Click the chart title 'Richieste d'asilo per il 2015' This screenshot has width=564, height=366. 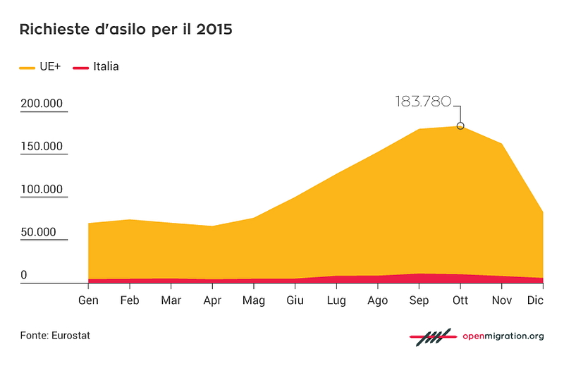(x=126, y=29)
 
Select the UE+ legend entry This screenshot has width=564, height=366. (x=40, y=66)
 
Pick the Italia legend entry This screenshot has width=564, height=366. (x=96, y=66)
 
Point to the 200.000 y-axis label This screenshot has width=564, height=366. (x=42, y=103)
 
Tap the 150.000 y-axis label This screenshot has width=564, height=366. (x=42, y=146)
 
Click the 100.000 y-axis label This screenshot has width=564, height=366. (x=42, y=189)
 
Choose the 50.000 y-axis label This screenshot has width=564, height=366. (x=39, y=232)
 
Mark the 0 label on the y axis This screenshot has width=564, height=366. (x=24, y=274)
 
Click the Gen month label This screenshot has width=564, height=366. (x=88, y=300)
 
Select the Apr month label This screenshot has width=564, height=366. (x=212, y=300)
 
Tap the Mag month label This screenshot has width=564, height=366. (x=254, y=300)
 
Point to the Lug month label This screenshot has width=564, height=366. (x=336, y=300)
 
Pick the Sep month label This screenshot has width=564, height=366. (x=419, y=300)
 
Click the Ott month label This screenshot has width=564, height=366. (x=460, y=300)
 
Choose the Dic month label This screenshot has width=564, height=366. (x=535, y=300)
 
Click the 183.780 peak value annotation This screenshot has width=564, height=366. (x=423, y=102)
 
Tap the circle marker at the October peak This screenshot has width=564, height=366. (x=460, y=126)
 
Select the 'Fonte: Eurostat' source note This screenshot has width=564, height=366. (x=55, y=336)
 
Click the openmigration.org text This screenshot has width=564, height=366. (x=503, y=336)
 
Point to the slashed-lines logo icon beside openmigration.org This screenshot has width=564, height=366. (x=433, y=337)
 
